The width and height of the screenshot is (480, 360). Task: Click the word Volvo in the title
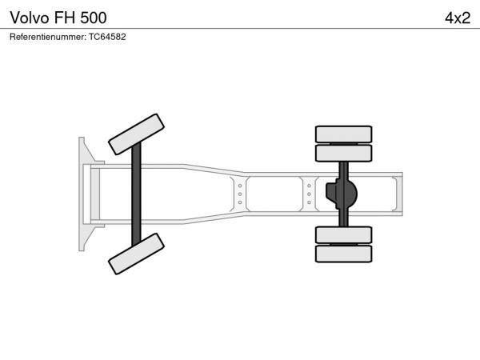point(30,18)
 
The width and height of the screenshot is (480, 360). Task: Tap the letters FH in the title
point(65,18)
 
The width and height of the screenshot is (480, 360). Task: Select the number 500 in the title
point(94,18)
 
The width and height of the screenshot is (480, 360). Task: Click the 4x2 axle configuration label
point(458,18)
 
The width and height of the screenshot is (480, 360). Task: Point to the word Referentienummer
point(48,37)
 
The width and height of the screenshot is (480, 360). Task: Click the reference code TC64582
point(107,37)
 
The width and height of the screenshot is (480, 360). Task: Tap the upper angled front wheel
point(136,134)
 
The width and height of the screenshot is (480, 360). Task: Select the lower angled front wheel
point(136,254)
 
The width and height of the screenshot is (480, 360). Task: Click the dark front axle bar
point(136,194)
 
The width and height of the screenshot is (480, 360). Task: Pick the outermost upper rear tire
point(343,134)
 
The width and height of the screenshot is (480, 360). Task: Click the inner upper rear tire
point(343,154)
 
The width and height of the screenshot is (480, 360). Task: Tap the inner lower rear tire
point(343,234)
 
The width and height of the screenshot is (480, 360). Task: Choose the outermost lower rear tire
point(343,254)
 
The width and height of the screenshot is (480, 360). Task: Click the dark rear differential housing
point(342,194)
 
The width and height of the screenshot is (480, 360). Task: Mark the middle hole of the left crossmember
point(240,194)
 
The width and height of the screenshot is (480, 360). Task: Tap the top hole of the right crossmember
point(309,186)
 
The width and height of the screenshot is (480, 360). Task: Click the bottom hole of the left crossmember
point(240,202)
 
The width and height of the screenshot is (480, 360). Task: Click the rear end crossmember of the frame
point(397,194)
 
